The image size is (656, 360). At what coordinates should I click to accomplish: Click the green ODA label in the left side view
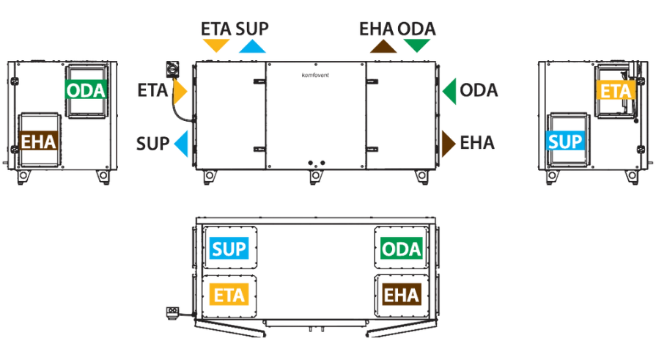tap(86, 89)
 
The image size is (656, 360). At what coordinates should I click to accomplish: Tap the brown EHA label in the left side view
tap(39, 141)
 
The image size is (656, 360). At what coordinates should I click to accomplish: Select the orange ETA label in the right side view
tap(616, 90)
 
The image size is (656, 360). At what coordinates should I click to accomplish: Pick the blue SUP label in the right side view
tap(565, 141)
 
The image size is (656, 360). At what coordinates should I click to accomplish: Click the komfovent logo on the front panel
tap(315, 76)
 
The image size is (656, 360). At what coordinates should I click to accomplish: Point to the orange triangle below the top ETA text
tap(216, 45)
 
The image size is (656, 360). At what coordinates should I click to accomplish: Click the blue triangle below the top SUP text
tap(252, 46)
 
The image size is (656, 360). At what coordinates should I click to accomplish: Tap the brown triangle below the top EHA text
tap(383, 46)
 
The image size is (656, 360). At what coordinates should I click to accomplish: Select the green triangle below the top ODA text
tap(417, 45)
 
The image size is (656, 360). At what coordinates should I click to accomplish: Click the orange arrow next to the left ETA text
tap(179, 91)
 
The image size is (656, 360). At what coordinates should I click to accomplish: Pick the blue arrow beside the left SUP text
tap(182, 143)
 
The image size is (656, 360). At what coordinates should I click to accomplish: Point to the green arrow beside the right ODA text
tap(450, 91)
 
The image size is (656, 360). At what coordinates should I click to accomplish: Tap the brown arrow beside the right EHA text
tap(448, 143)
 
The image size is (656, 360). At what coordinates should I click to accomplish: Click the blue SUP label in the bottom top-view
tap(229, 249)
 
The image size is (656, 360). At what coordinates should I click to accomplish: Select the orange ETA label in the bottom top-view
tap(229, 295)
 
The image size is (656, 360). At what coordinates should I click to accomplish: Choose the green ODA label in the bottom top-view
tap(401, 249)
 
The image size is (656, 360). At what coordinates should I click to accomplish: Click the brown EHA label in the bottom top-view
tap(401, 295)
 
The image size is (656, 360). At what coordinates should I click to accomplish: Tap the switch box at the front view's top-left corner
tap(172, 69)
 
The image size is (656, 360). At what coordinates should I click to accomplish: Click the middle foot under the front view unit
tap(317, 177)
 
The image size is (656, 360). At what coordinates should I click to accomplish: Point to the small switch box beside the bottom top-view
tap(173, 312)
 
